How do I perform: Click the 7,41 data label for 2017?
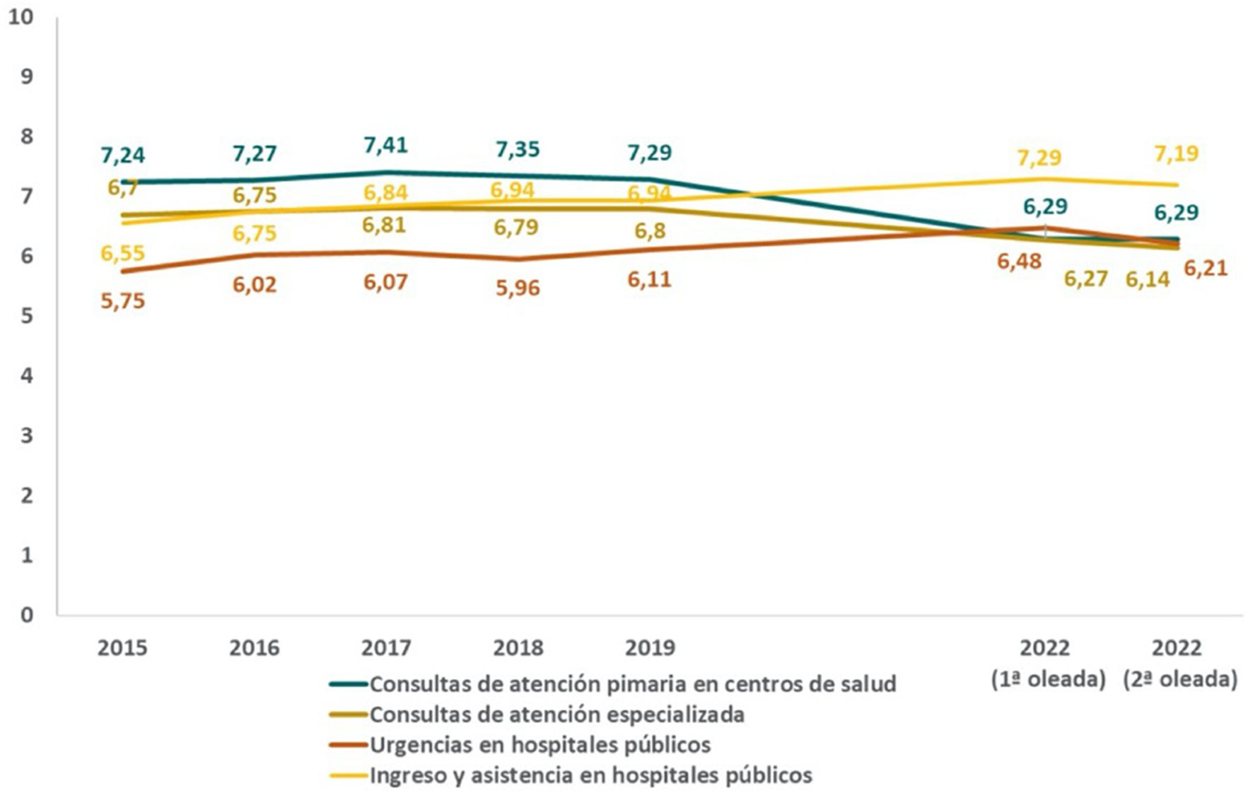point(385,146)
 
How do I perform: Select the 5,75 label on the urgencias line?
point(122,302)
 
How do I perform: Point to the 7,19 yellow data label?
point(1176,154)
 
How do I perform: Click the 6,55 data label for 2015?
point(122,254)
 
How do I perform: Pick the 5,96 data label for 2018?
point(517,288)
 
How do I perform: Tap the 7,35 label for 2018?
point(517,150)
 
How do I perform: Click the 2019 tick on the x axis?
point(649,648)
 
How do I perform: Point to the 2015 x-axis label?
point(122,648)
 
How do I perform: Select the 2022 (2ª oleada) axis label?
point(1179,664)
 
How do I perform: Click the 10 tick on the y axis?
point(21,17)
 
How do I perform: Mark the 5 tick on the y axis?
point(27,316)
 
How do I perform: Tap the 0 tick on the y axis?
point(27,615)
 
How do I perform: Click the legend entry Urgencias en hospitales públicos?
point(540,745)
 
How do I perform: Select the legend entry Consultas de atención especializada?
point(556,715)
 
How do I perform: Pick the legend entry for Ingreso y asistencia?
point(590,775)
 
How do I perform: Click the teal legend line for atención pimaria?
point(349,684)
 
